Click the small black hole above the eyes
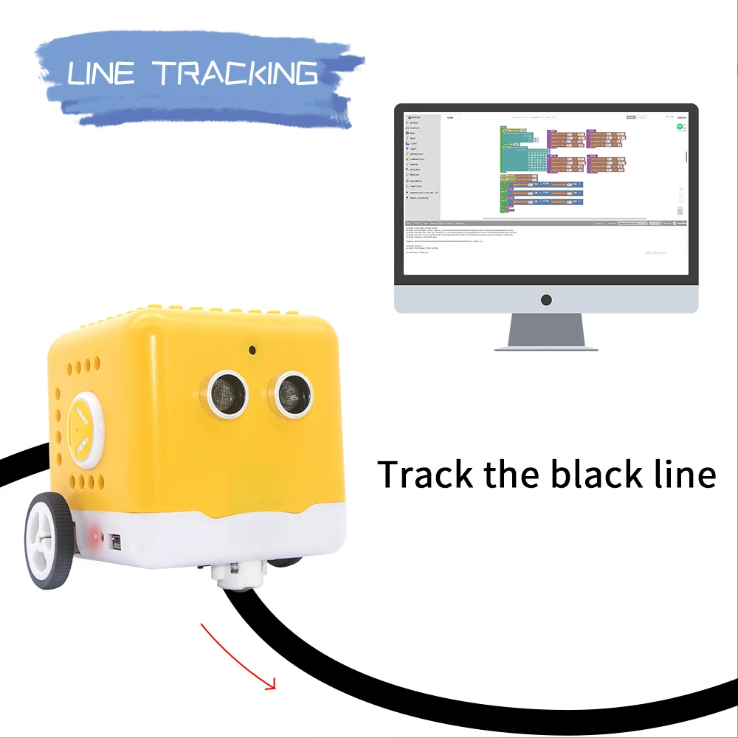pyautogui.click(x=252, y=350)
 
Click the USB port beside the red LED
pyautogui.click(x=117, y=541)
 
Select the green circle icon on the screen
pyautogui.click(x=680, y=127)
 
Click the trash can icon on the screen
pyautogui.click(x=680, y=210)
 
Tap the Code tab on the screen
pyautogui.click(x=450, y=117)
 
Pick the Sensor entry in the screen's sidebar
pyautogui.click(x=414, y=164)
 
